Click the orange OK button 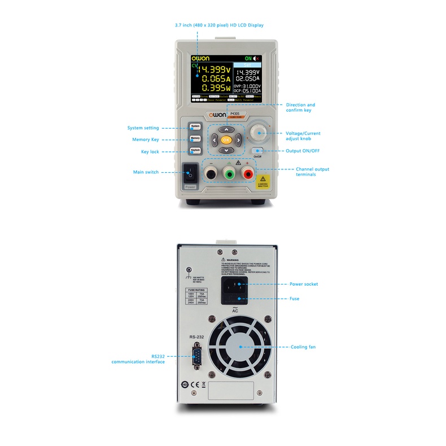coord(226,139)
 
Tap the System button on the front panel coord(195,126)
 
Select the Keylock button coord(195,150)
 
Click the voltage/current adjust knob coord(260,133)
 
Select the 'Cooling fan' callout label coord(303,347)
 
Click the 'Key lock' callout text coord(150,151)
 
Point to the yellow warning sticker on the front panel coord(264,181)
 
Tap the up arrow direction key coord(226,129)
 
